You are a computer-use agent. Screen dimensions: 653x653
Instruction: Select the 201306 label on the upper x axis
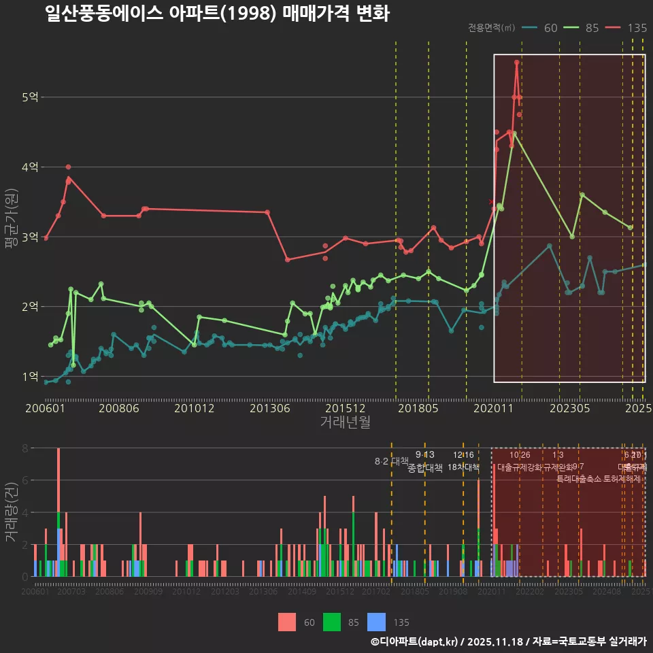click(271, 408)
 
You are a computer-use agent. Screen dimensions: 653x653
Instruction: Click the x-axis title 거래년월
click(345, 422)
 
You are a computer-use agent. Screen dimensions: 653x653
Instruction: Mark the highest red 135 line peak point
click(517, 62)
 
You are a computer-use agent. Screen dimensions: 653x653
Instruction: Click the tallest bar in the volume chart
click(58, 512)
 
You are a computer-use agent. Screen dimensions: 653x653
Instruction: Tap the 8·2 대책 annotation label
click(391, 461)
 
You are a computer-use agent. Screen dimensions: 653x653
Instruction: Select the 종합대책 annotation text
click(425, 468)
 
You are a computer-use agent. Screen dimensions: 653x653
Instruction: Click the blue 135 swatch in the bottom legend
click(376, 622)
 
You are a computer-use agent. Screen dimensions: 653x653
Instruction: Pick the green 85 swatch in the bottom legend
click(332, 622)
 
